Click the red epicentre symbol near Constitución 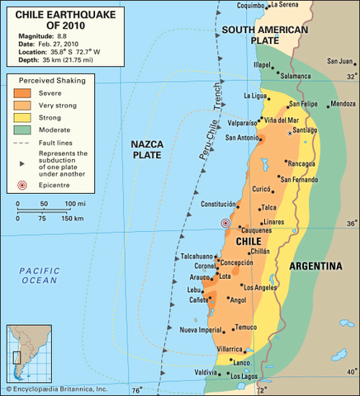click(x=225, y=223)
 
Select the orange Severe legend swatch click(x=21, y=93)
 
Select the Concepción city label click(x=236, y=262)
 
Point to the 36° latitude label click(x=352, y=223)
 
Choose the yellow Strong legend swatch click(x=21, y=116)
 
